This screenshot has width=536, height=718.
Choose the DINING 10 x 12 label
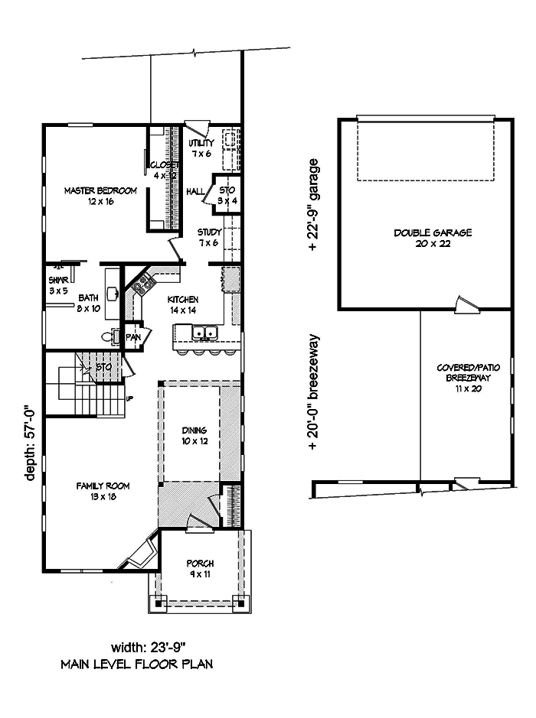click(190, 436)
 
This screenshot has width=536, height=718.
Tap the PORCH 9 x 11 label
click(200, 568)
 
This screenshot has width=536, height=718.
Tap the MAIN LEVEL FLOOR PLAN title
click(136, 664)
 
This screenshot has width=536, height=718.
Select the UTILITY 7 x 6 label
click(201, 148)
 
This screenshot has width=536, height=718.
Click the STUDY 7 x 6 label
click(208, 237)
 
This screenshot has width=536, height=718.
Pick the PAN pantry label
click(133, 336)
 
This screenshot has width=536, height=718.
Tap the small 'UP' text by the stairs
click(129, 398)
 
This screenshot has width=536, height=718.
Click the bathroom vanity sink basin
click(113, 292)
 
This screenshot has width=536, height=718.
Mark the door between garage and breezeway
click(466, 305)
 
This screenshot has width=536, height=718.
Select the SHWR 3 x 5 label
click(59, 284)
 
